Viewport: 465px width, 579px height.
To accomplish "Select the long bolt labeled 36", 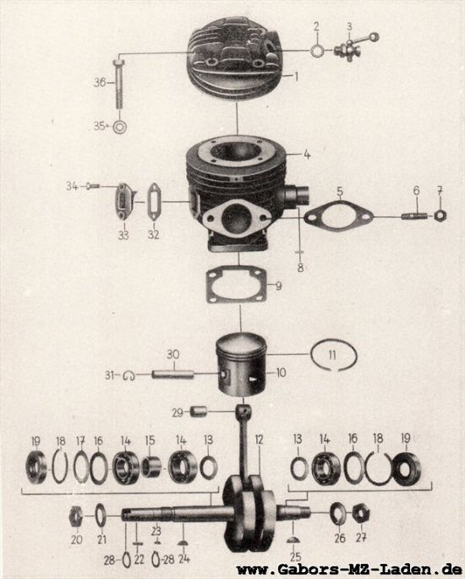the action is pyautogui.click(x=118, y=85).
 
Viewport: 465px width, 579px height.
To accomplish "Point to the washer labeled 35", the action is pyautogui.click(x=120, y=127).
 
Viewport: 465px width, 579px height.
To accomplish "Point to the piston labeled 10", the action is pyautogui.click(x=242, y=365).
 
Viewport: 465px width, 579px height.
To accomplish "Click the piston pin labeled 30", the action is pyautogui.click(x=172, y=374).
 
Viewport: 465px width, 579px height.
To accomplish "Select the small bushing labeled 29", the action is pyautogui.click(x=199, y=412).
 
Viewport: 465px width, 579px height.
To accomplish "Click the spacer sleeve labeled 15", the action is pyautogui.click(x=150, y=467).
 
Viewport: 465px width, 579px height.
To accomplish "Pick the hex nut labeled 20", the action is pyautogui.click(x=76, y=516).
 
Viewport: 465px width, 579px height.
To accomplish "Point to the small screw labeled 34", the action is pyautogui.click(x=93, y=187).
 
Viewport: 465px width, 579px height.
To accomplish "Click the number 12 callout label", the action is pyautogui.click(x=260, y=440).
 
